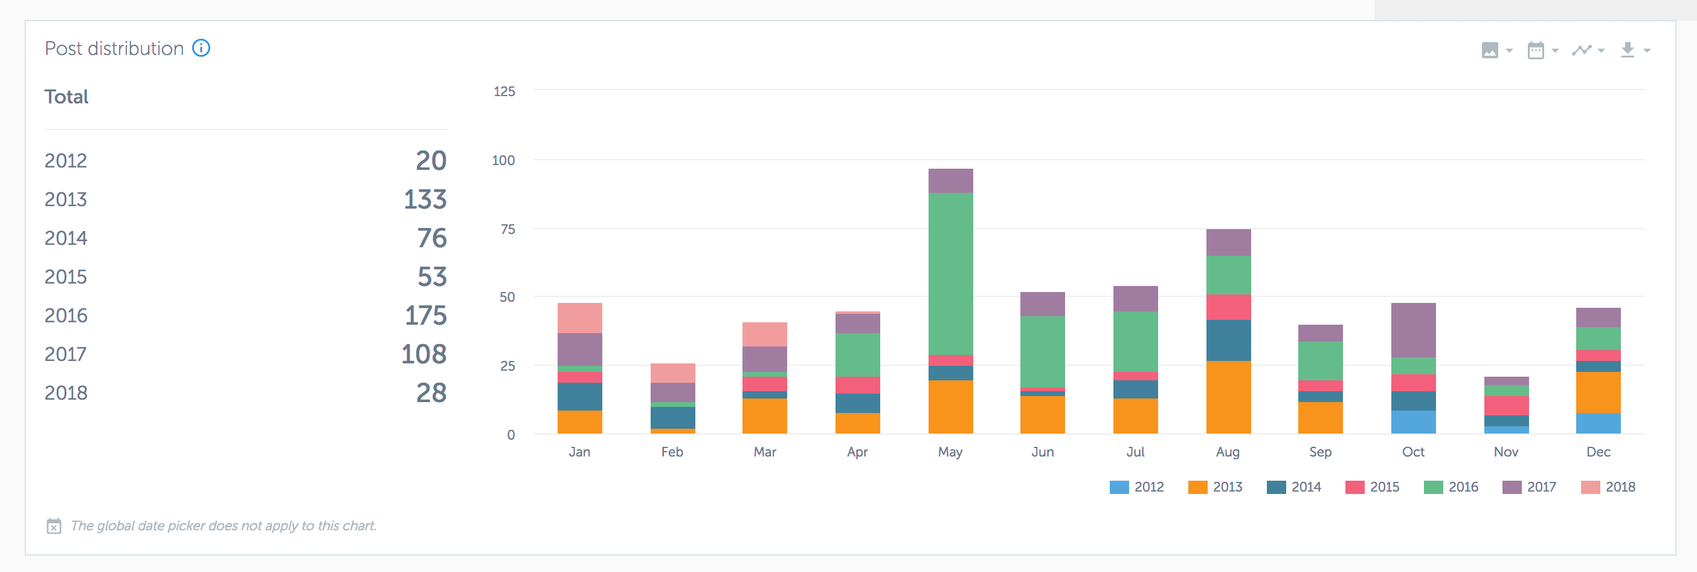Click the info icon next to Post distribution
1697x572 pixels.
[x=201, y=48]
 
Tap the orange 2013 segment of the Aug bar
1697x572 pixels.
[x=1228, y=397]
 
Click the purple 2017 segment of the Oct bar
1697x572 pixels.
[x=1413, y=330]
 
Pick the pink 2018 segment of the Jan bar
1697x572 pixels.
[x=579, y=317]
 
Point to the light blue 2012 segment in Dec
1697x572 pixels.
[x=1597, y=423]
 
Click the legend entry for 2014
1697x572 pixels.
[x=1294, y=487]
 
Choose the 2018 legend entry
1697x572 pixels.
[x=1608, y=487]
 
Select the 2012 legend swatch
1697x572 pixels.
[x=1119, y=487]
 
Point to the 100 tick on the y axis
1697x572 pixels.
[x=503, y=160]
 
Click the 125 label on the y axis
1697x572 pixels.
[x=504, y=91]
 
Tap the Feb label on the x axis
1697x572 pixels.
[x=672, y=452]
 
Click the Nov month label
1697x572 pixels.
[x=1505, y=452]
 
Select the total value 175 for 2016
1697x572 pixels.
[x=425, y=316]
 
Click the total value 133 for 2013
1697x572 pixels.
[x=425, y=200]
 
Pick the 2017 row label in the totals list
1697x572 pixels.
[x=65, y=354]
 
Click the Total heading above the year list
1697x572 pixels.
[x=66, y=97]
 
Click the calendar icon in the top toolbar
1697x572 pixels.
[x=1536, y=50]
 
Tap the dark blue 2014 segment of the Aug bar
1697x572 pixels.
[x=1228, y=340]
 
